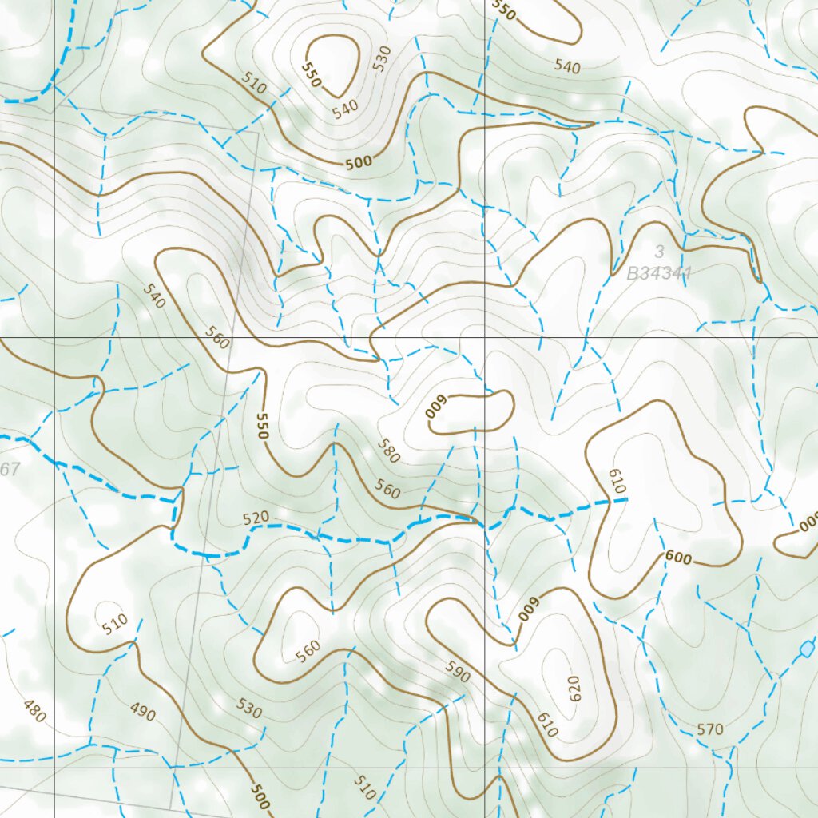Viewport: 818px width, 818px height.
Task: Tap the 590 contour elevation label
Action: tap(458, 672)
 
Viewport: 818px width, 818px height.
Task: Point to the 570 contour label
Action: tap(709, 729)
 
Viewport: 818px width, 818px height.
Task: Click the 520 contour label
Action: tap(256, 518)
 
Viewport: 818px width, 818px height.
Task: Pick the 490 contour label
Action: tap(142, 711)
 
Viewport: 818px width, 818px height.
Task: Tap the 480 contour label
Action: tap(34, 710)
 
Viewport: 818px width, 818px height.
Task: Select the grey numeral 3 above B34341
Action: tap(660, 252)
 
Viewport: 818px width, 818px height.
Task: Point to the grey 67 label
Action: tap(10, 470)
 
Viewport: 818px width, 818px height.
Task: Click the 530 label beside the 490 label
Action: tap(249, 707)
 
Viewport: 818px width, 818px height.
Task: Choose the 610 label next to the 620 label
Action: tap(546, 725)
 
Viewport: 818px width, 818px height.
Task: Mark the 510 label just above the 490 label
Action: tap(116, 624)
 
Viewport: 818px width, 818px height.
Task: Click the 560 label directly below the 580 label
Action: tap(387, 489)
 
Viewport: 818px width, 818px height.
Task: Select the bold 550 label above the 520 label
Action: tap(261, 426)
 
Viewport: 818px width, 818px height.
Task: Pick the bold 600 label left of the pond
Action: tap(677, 559)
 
